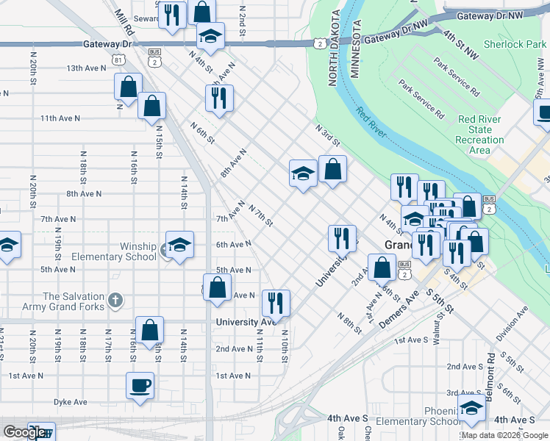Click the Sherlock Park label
pyautogui.click(x=515, y=44)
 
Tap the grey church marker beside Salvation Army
pyautogui.click(x=115, y=301)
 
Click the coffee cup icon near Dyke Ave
pyautogui.click(x=140, y=385)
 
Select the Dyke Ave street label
pyautogui.click(x=70, y=402)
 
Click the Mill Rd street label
pyautogui.click(x=123, y=22)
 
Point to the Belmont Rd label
pyautogui.click(x=490, y=373)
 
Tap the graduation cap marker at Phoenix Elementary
pyautogui.click(x=471, y=406)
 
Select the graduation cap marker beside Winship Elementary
pyautogui.click(x=179, y=244)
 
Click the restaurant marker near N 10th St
pyautogui.click(x=276, y=302)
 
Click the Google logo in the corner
pyautogui.click(x=24, y=432)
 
